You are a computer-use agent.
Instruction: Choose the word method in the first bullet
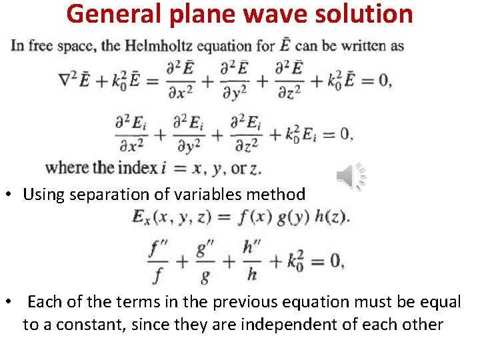click(279, 195)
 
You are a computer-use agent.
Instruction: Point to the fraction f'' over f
click(159, 261)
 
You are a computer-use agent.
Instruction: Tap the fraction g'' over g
click(205, 261)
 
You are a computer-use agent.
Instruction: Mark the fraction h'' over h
click(251, 261)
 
